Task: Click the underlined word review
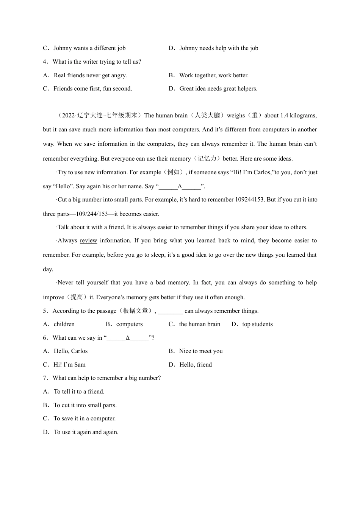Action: [88, 240]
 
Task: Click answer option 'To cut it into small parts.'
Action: [85, 405]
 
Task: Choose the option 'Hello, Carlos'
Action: [70, 351]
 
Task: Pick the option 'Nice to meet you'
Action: [201, 351]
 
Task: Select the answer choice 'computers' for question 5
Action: [129, 324]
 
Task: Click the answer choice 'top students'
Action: [257, 324]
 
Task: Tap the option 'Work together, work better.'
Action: [214, 75]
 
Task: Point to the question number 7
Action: [45, 378]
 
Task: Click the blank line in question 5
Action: [170, 311]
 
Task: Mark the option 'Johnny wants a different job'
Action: [89, 48]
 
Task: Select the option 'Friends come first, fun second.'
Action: [92, 89]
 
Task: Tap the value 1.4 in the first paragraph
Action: [284, 116]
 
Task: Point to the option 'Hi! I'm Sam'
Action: [69, 365]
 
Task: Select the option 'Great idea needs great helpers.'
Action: [218, 89]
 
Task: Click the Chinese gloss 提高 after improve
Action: [77, 297]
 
